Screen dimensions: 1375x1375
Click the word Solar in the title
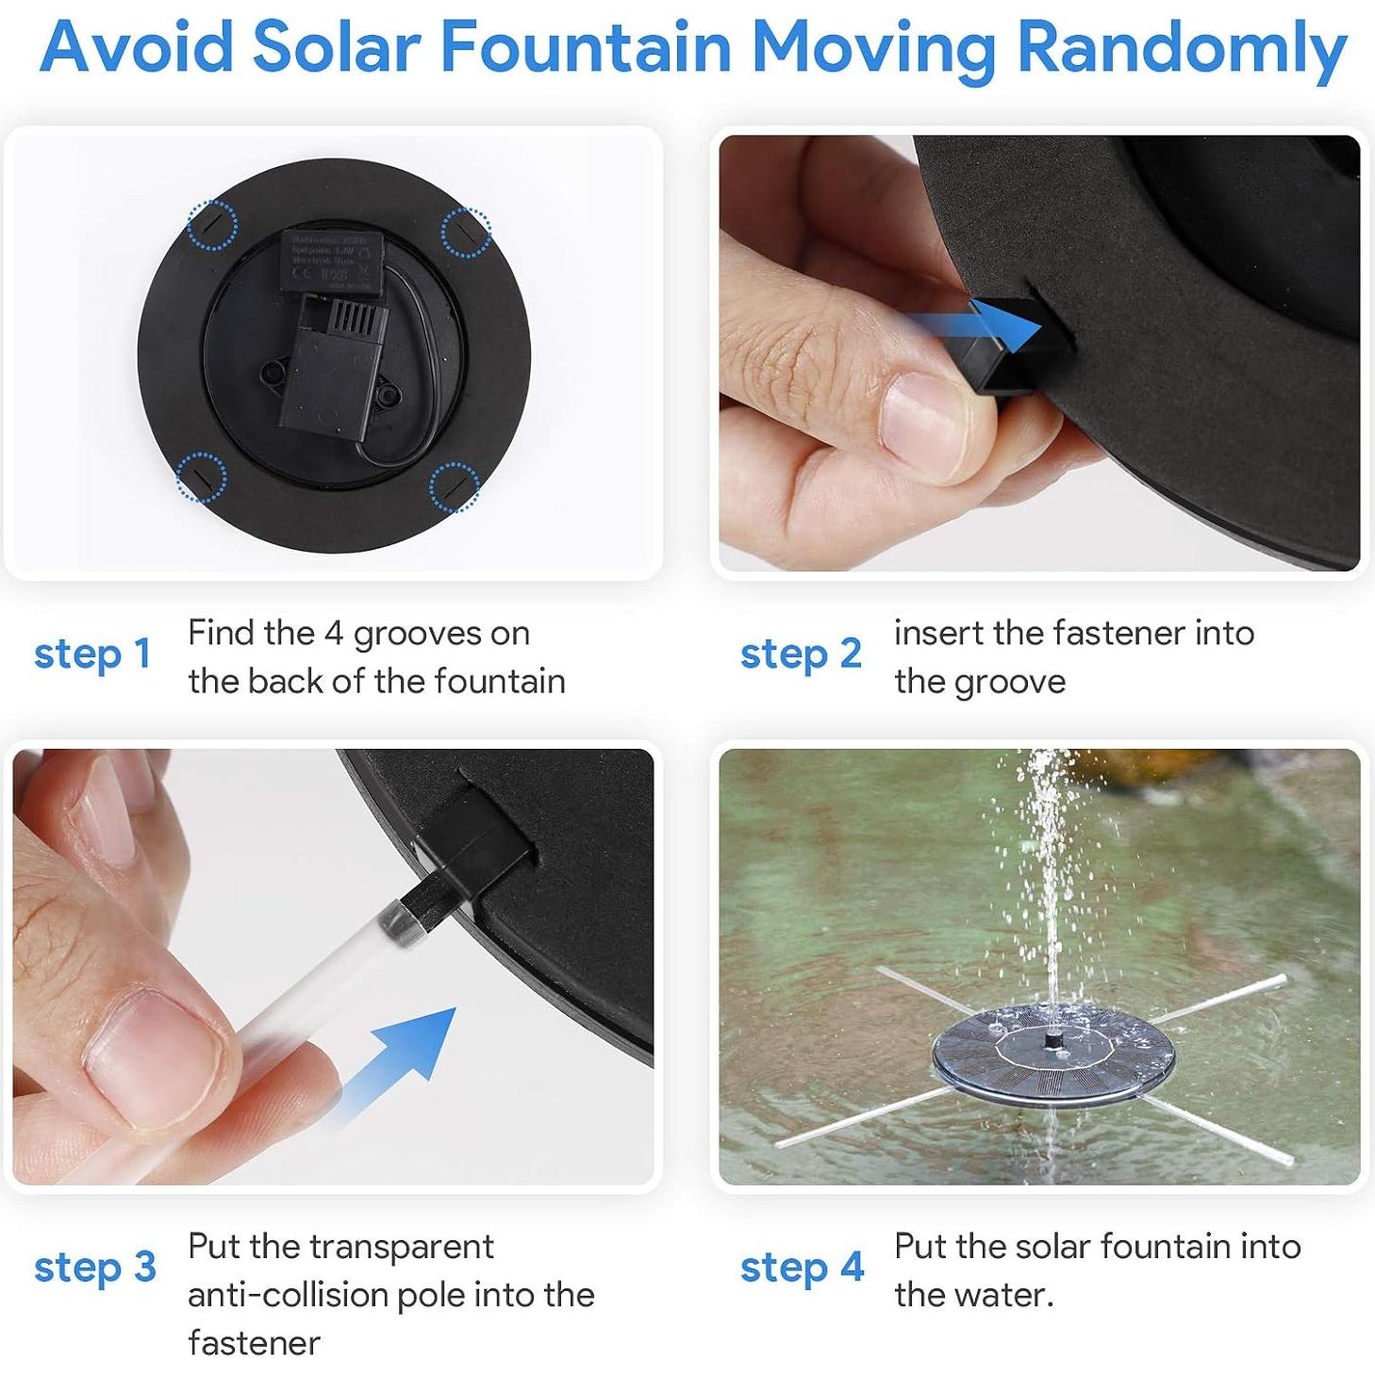336,47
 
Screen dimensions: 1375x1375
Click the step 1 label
92,654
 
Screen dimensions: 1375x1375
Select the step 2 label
801,654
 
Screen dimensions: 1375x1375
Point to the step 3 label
94,1267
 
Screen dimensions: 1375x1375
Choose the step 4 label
802,1267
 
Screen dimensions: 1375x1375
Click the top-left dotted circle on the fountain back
212,224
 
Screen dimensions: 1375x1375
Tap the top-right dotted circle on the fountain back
466,231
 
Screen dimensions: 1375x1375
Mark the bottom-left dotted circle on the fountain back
201,477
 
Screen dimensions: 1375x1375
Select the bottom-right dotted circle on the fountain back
456,486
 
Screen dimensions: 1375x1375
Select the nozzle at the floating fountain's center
1052,1038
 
